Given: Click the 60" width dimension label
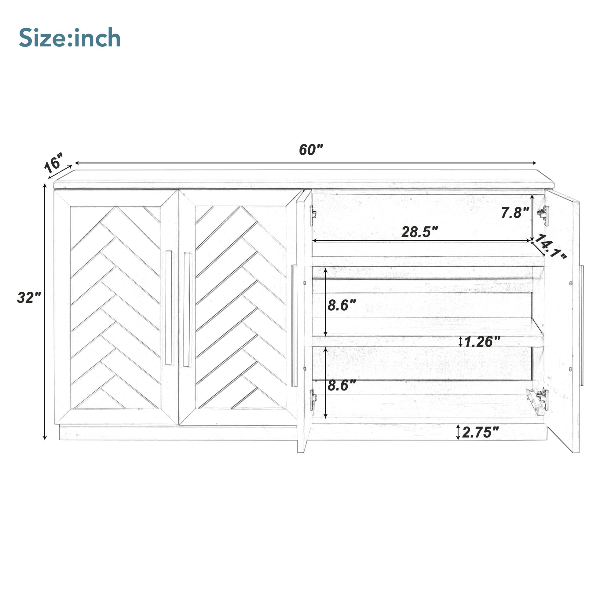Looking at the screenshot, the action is [311, 150].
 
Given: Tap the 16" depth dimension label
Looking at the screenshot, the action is [54, 163].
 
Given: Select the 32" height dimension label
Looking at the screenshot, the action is [29, 298].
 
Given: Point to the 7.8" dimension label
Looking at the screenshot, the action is [515, 213].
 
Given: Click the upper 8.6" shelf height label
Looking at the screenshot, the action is [342, 305].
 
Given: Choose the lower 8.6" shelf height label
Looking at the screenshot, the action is [342, 385].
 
